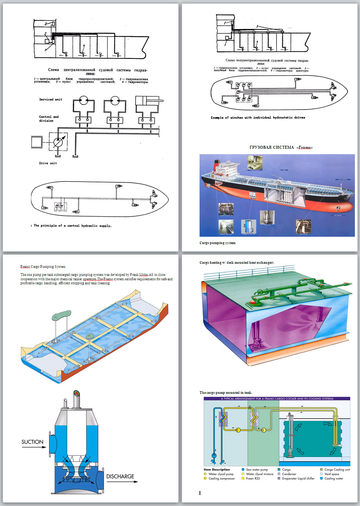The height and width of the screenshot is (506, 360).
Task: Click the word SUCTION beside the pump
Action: (32, 442)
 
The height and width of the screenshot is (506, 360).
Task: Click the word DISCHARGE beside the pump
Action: (120, 476)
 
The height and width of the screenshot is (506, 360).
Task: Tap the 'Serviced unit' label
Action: (50, 99)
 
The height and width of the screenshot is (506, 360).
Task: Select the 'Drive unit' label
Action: (48, 163)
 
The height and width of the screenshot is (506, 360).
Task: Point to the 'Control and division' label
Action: (49, 119)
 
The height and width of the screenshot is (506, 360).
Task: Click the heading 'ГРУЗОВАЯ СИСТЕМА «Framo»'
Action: (281, 148)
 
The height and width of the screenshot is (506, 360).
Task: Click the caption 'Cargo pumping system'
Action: (217, 243)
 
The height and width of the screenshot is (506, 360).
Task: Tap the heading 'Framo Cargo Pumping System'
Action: (43, 267)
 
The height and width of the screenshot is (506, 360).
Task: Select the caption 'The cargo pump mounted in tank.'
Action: (226, 393)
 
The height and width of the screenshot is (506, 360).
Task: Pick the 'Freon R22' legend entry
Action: (253, 478)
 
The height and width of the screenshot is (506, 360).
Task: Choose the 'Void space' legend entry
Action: (331, 474)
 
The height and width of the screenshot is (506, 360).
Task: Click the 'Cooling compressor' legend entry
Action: (221, 478)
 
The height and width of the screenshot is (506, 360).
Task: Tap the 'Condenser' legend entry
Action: (289, 474)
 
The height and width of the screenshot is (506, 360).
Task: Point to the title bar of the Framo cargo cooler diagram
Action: (277, 399)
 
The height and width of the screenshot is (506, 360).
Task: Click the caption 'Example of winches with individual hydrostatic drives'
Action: (258, 118)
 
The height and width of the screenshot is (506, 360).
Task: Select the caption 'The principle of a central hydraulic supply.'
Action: (72, 226)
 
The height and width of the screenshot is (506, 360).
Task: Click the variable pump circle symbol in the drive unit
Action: (58, 142)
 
